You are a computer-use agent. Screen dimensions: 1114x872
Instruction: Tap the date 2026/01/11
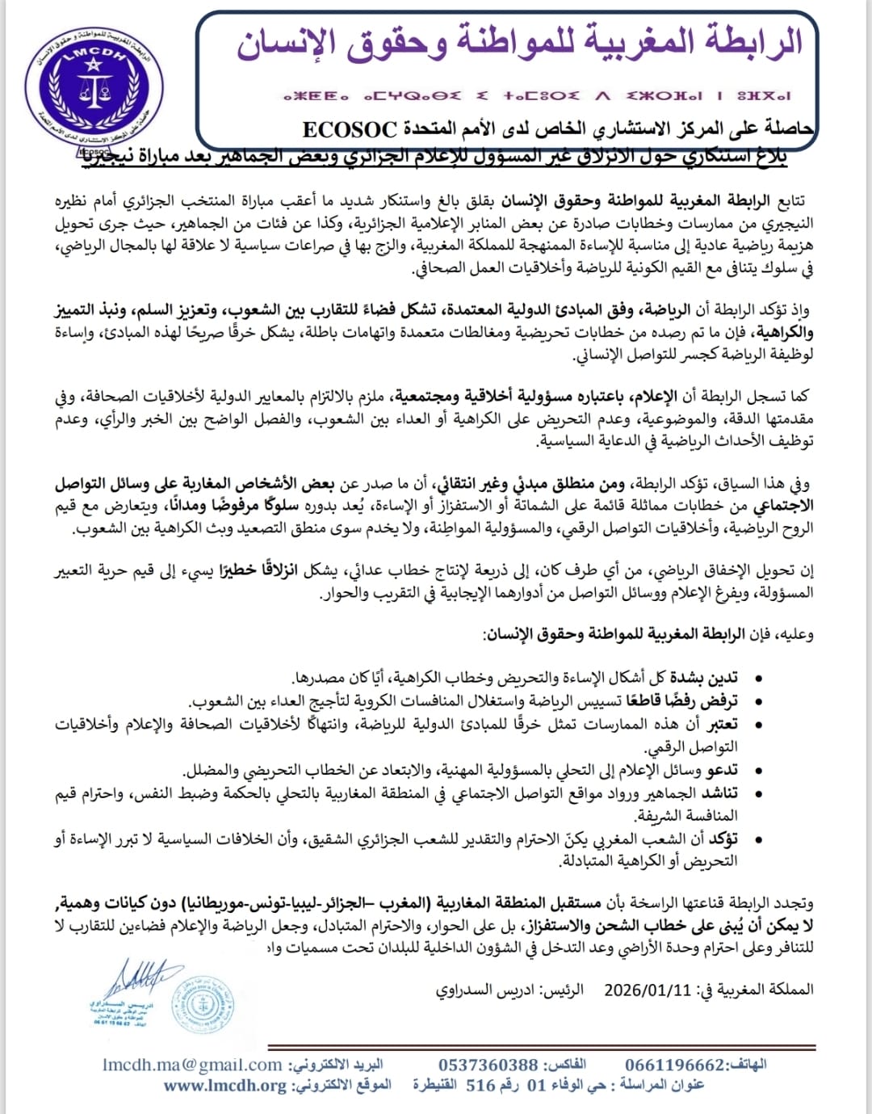point(648,990)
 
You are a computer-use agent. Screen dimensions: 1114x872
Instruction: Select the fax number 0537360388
point(488,1065)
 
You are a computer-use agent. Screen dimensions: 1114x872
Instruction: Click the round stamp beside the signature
point(203,1004)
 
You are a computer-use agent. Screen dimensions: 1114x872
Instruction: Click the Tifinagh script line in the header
point(537,95)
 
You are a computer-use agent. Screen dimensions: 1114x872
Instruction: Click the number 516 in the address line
point(480,1085)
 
